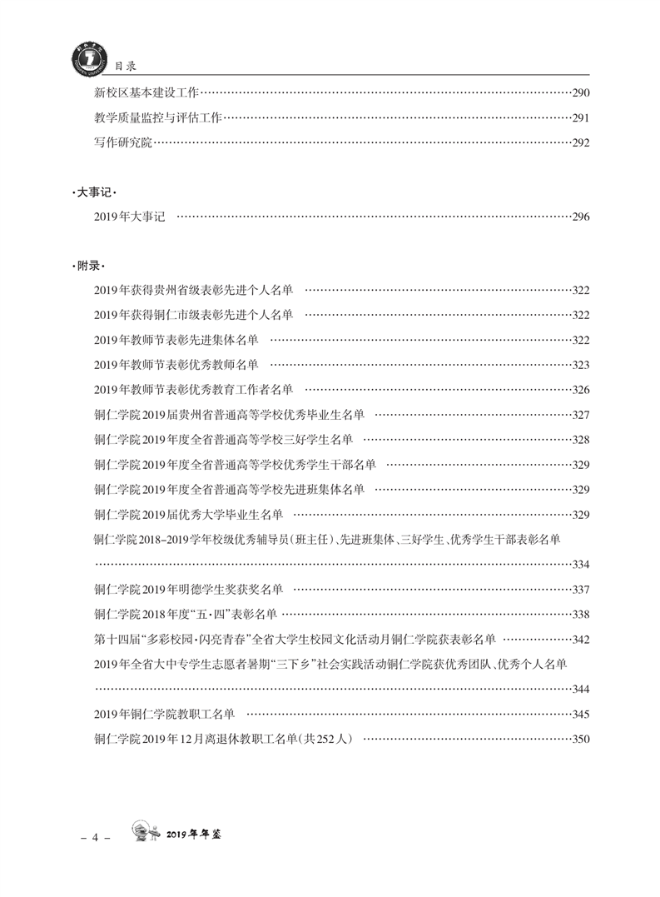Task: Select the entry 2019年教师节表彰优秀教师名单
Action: [176, 365]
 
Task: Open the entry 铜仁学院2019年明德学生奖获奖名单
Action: [189, 590]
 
